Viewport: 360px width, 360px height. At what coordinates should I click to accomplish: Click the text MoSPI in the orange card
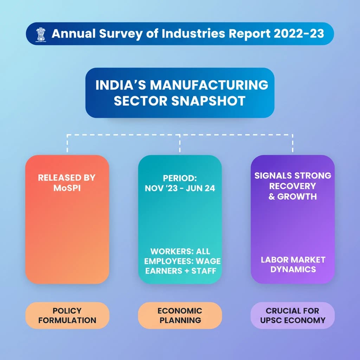[x=66, y=187]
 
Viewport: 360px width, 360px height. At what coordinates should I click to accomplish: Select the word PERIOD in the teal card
[x=180, y=178]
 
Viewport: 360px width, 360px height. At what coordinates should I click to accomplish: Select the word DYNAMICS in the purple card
[x=292, y=270]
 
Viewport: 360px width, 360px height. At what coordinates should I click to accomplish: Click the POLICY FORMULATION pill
[x=67, y=315]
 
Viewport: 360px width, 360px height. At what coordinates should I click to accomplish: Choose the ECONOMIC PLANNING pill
[x=180, y=315]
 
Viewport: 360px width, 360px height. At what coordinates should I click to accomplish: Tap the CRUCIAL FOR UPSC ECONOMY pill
[x=292, y=315]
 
